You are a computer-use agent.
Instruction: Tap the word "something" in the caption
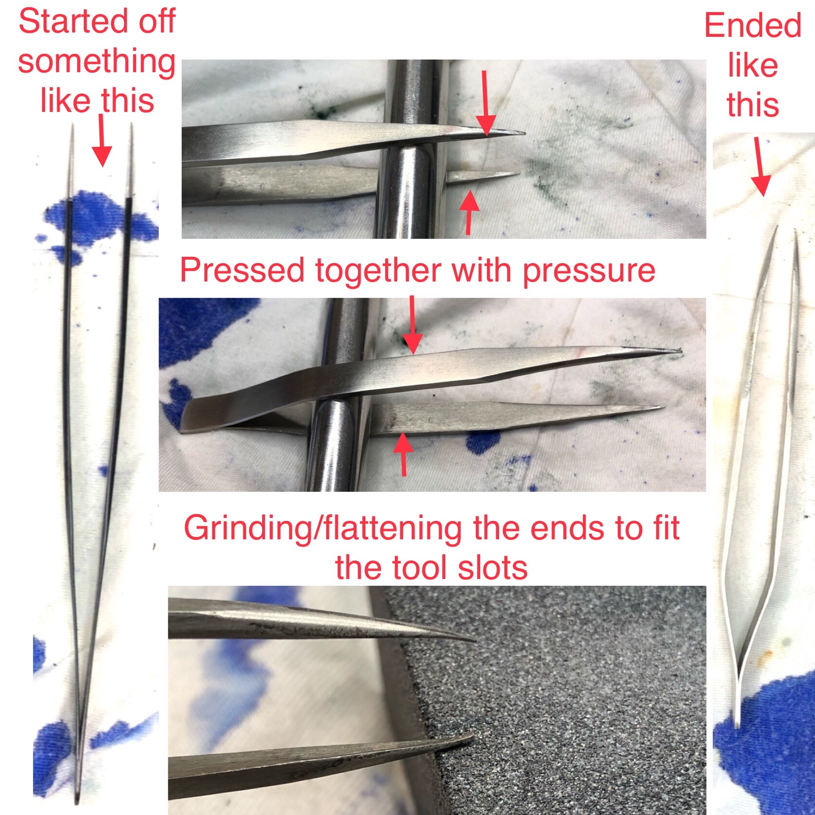(97, 63)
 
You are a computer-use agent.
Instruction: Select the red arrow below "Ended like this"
(759, 167)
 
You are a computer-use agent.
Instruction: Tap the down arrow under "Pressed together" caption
(412, 325)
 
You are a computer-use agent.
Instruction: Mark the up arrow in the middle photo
(403, 455)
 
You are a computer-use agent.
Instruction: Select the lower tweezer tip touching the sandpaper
(470, 737)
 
